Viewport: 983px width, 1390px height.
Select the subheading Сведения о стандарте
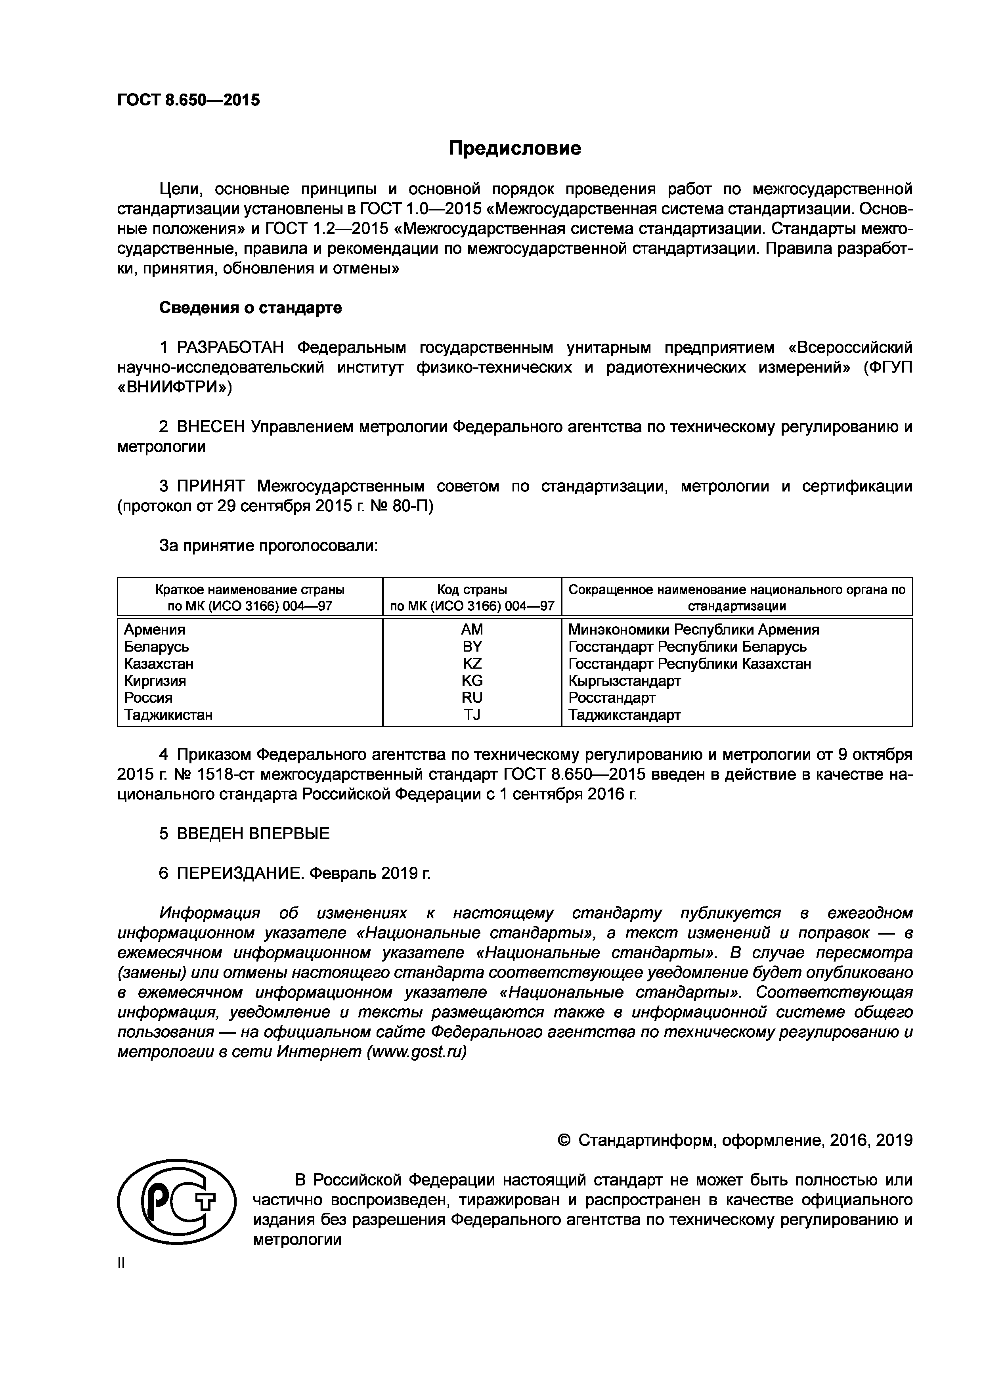coord(250,308)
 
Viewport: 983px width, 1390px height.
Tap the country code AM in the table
coord(472,630)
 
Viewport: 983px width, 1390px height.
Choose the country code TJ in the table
coord(472,715)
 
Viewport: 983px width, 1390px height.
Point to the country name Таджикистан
coord(168,715)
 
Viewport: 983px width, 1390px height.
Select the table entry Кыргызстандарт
coord(625,681)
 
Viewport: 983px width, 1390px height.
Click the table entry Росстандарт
coord(612,698)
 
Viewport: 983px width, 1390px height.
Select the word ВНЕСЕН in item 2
coord(210,427)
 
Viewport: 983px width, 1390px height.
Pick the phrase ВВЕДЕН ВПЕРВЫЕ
coord(253,834)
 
